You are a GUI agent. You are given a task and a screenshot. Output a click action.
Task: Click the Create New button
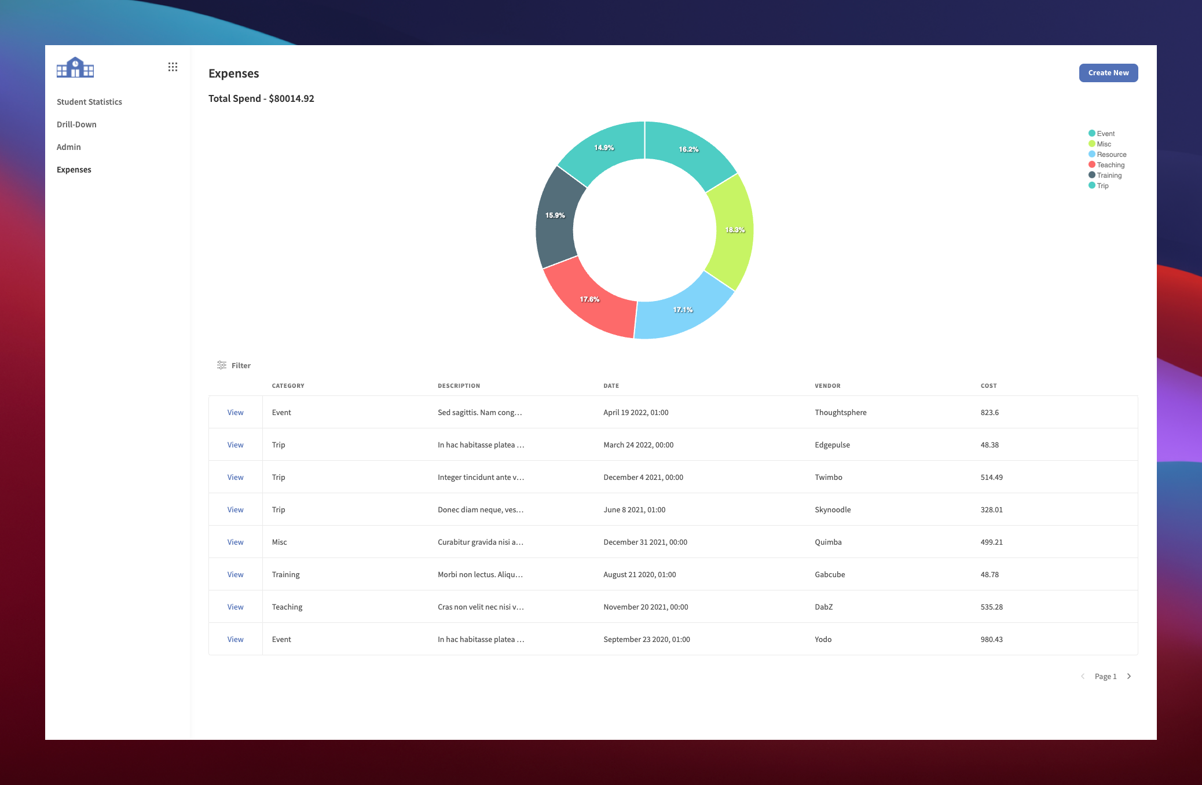[x=1108, y=73]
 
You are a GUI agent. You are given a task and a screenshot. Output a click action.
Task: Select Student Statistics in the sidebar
[x=89, y=102]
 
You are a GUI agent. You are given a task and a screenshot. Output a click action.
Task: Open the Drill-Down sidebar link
[x=76, y=124]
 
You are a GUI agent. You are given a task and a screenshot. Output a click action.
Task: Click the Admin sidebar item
[x=68, y=147]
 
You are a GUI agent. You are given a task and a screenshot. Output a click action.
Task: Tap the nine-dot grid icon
[x=173, y=67]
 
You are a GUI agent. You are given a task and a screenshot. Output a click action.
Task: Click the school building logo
[x=75, y=68]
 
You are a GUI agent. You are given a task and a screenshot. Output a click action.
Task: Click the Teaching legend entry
[x=1109, y=165]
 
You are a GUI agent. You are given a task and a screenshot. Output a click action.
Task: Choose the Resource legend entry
[x=1111, y=155]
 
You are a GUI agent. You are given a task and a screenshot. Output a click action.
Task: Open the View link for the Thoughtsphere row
[x=235, y=413]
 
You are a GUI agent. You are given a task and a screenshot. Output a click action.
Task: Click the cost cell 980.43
[x=991, y=640]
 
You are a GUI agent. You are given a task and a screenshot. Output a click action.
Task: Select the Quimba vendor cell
[x=828, y=542]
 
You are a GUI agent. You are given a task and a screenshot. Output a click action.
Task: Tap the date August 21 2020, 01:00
[x=639, y=575]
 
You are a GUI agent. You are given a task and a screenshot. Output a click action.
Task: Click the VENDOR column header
[x=827, y=386]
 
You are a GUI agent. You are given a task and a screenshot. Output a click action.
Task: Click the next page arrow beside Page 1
[x=1128, y=676]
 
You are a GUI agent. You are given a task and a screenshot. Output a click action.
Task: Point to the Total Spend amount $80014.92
[x=291, y=99]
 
